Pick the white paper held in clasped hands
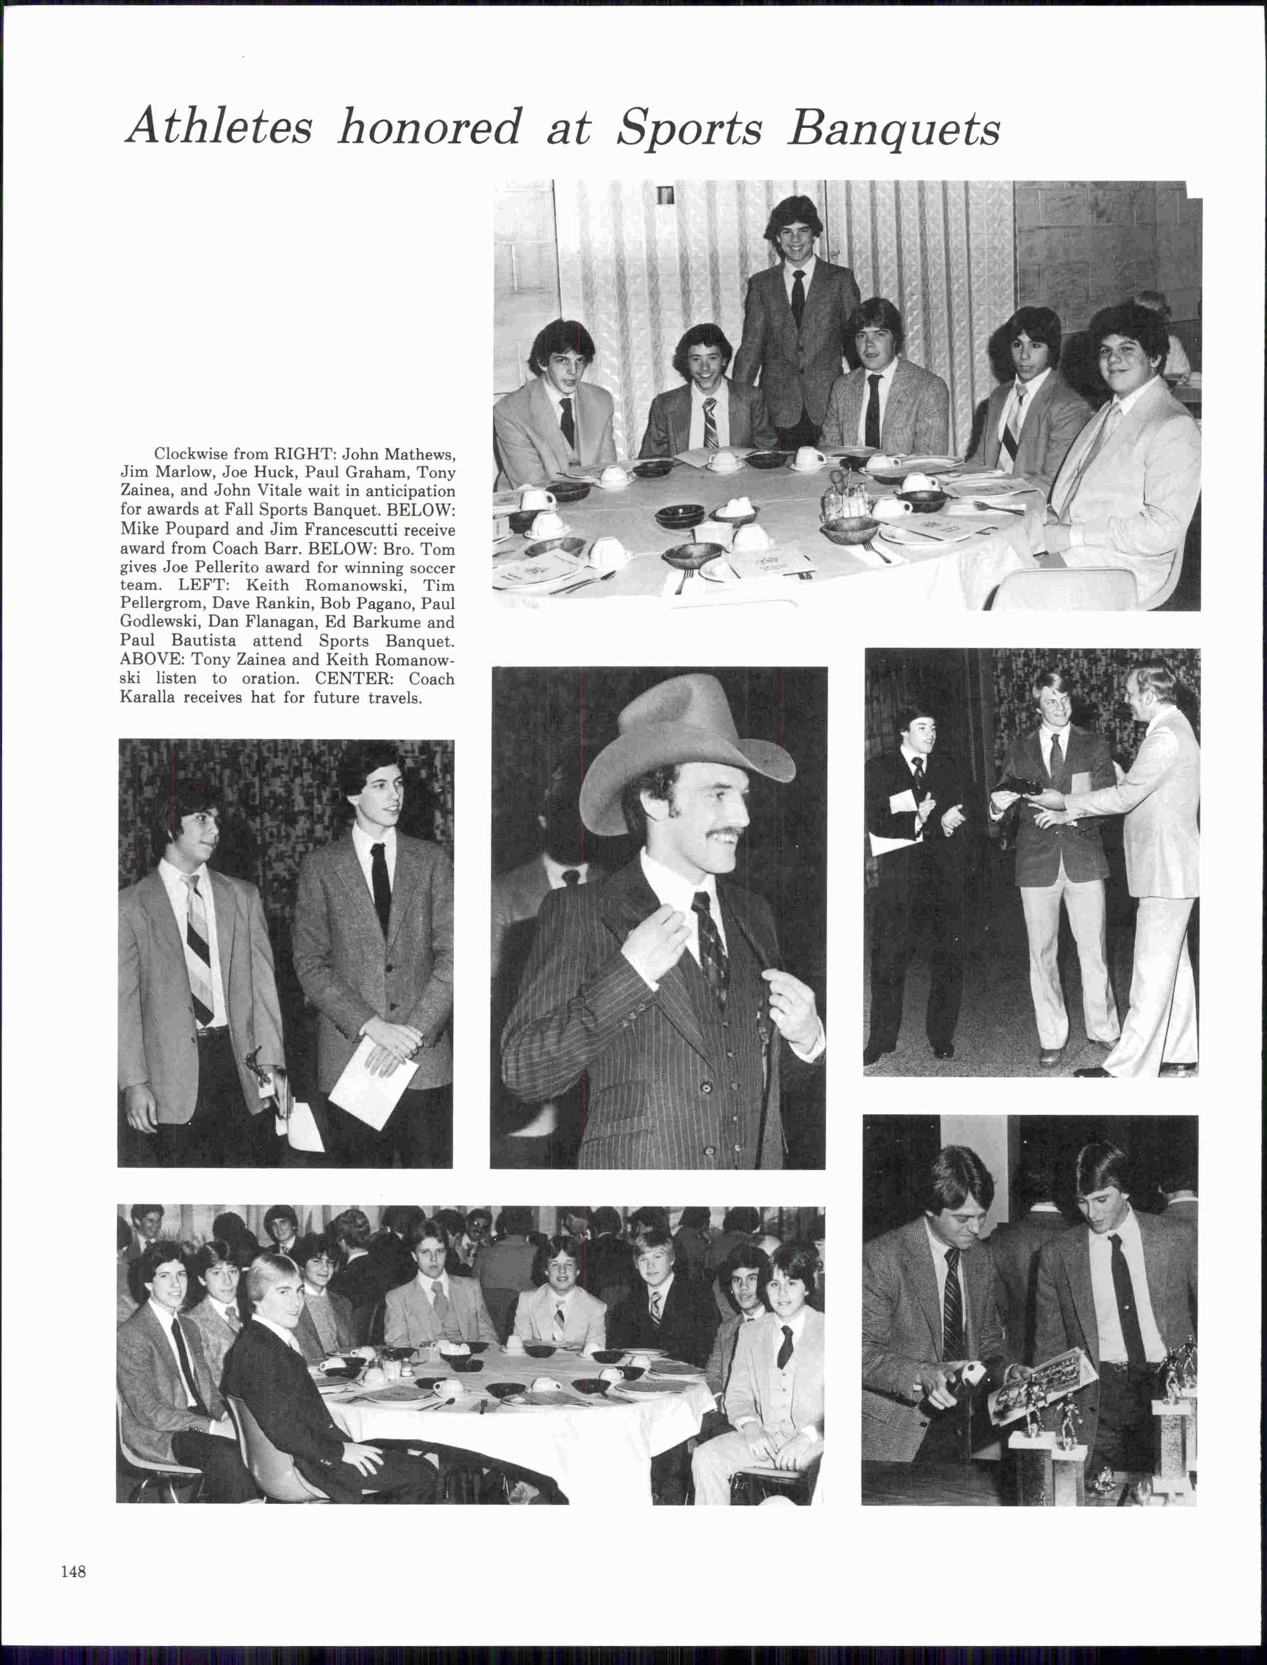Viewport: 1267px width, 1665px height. coord(373,1082)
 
